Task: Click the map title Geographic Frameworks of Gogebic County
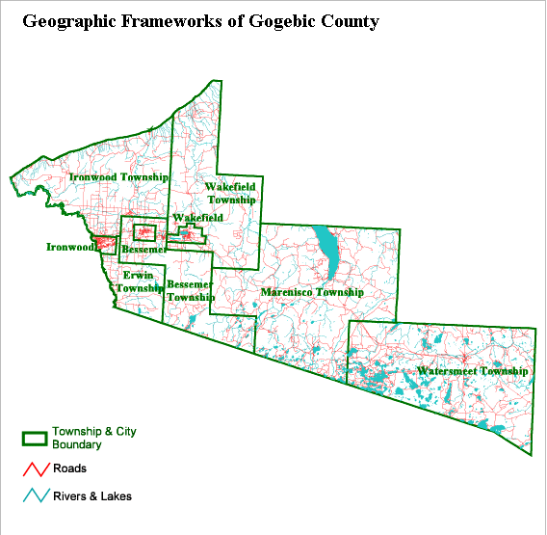pyautogui.click(x=199, y=20)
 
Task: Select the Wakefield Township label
pyautogui.click(x=232, y=192)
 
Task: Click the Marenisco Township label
pyautogui.click(x=312, y=292)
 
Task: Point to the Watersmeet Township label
pyautogui.click(x=473, y=371)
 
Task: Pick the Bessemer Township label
pyautogui.click(x=190, y=291)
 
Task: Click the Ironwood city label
pyautogui.click(x=71, y=247)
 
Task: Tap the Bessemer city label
pyautogui.click(x=144, y=251)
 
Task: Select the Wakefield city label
pyautogui.click(x=198, y=218)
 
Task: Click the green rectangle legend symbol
pyautogui.click(x=35, y=438)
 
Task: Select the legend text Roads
pyautogui.click(x=69, y=468)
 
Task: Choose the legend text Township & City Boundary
pyautogui.click(x=93, y=438)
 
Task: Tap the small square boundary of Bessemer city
pyautogui.click(x=143, y=232)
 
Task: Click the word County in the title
pyautogui.click(x=351, y=20)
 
